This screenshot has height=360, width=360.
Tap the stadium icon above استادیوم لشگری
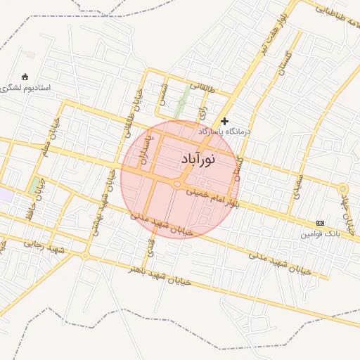pyautogui.click(x=26, y=76)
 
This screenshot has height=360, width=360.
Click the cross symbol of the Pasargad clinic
pyautogui.click(x=224, y=121)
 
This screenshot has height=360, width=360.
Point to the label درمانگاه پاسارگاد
pyautogui.click(x=224, y=131)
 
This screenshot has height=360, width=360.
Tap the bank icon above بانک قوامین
pyautogui.click(x=321, y=223)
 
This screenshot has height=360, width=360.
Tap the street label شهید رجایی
pyautogui.click(x=44, y=246)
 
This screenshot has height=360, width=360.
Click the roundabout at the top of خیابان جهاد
pyautogui.click(x=342, y=189)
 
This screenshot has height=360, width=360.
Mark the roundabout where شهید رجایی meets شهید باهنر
pyautogui.click(x=85, y=256)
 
